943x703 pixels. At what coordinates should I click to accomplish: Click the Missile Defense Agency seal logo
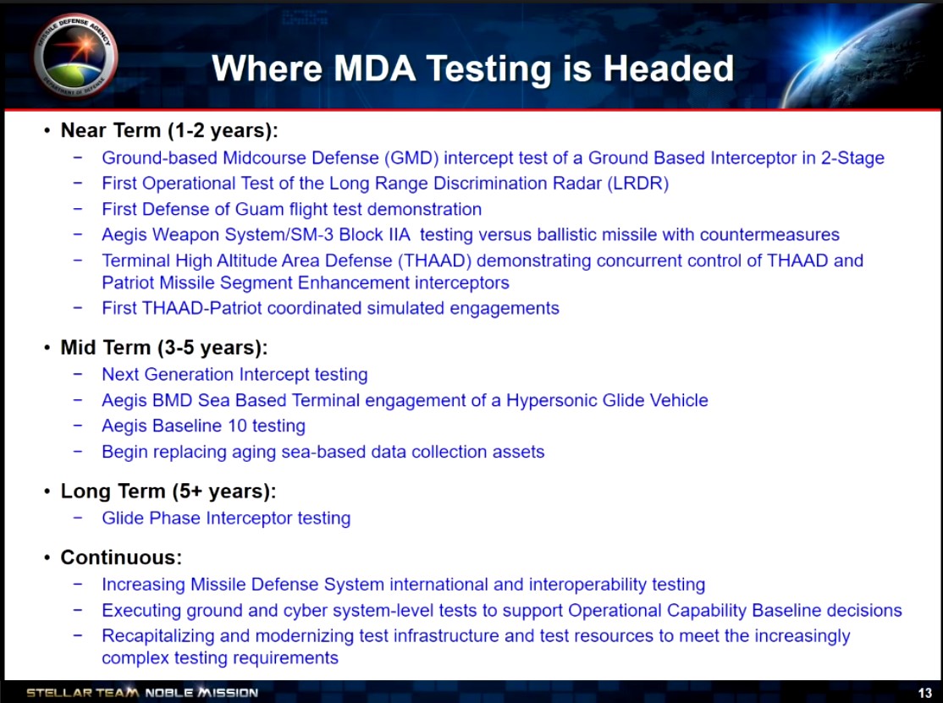[x=76, y=55]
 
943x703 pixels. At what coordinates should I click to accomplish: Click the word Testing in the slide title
[x=491, y=69]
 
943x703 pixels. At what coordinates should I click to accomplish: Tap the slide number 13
[x=925, y=693]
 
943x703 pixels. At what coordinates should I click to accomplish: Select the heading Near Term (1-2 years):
[x=169, y=130]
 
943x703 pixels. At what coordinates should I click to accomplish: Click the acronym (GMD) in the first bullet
[x=411, y=158]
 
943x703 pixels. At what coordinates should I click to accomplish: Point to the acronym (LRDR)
[x=638, y=184]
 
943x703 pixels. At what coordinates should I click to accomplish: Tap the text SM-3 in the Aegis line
[x=312, y=234]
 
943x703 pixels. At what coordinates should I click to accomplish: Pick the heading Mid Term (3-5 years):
[x=164, y=348]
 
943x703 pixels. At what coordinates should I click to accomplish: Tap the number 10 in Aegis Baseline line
[x=238, y=426]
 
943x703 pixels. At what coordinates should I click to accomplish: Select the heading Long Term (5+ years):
[x=168, y=492]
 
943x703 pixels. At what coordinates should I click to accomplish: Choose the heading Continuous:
[x=121, y=557]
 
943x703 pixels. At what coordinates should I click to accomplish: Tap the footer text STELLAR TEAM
[x=82, y=693]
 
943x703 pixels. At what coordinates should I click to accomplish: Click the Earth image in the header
[x=866, y=56]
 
